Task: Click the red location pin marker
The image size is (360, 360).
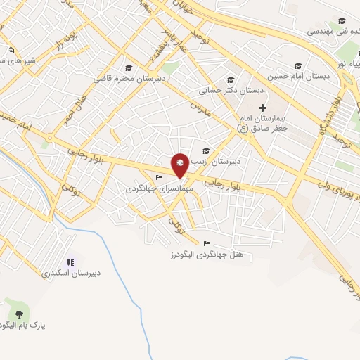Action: [x=180, y=164]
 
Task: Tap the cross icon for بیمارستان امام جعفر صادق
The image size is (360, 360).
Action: [x=262, y=108]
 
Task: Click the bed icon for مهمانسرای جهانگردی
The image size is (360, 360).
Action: [x=159, y=177]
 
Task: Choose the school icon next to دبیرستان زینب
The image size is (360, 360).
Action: [x=206, y=150]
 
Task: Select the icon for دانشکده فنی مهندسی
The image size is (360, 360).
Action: [x=342, y=21]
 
